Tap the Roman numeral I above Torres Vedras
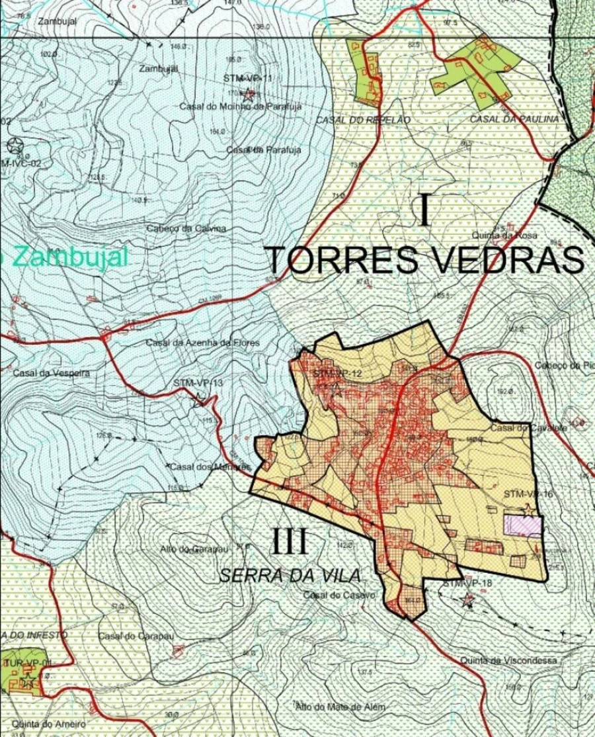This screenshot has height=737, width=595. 424,210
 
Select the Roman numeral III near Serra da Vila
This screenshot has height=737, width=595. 290,542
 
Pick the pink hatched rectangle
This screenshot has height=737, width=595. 523,525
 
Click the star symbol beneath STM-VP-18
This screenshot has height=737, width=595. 469,601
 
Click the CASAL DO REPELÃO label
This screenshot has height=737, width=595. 364,120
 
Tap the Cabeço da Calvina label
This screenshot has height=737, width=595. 186,228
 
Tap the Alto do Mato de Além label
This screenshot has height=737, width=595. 340,707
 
